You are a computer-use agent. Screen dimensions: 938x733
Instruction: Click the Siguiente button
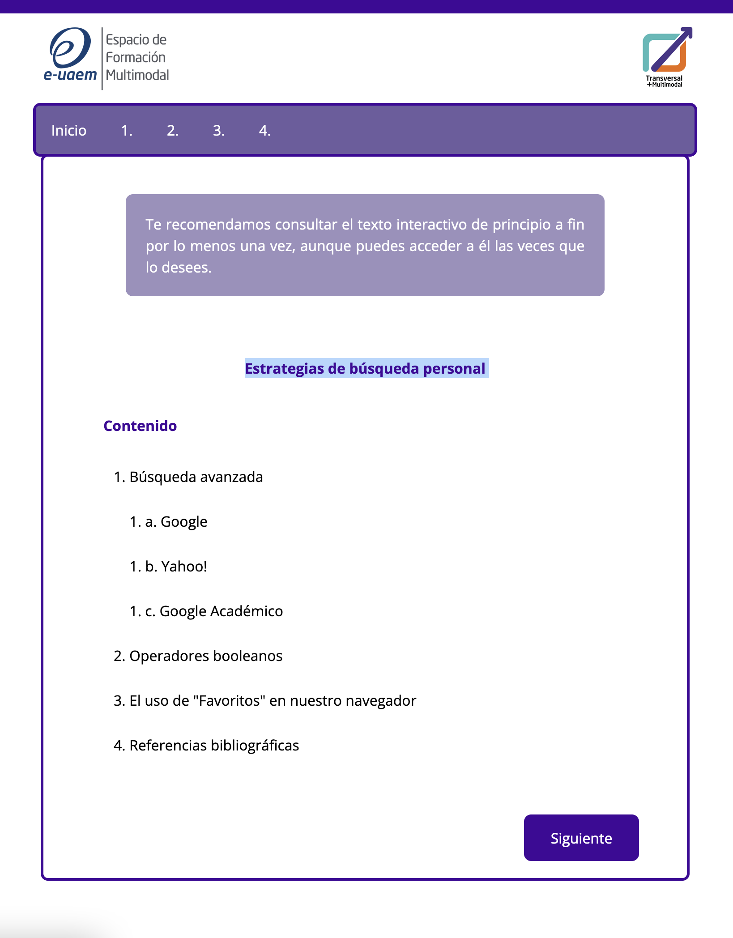pos(581,838)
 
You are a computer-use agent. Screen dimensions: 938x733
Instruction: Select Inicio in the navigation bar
pos(69,131)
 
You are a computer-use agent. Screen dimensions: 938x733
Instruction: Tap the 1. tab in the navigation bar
pos(127,131)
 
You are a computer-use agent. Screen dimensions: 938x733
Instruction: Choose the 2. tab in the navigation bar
pos(173,131)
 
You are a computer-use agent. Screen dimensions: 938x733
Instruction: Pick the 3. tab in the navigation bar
pos(218,131)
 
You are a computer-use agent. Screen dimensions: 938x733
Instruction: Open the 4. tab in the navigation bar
pos(264,131)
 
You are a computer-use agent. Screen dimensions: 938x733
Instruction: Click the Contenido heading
pos(140,426)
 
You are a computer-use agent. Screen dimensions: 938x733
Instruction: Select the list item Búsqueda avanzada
pos(196,477)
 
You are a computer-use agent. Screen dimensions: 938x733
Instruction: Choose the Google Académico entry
pos(221,611)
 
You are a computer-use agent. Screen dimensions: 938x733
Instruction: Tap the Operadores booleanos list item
pos(206,656)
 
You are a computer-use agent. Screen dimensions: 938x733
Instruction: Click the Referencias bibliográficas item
pos(214,746)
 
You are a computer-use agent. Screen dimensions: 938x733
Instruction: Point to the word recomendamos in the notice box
pos(217,224)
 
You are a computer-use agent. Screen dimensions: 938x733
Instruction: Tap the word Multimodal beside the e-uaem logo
pos(137,75)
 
